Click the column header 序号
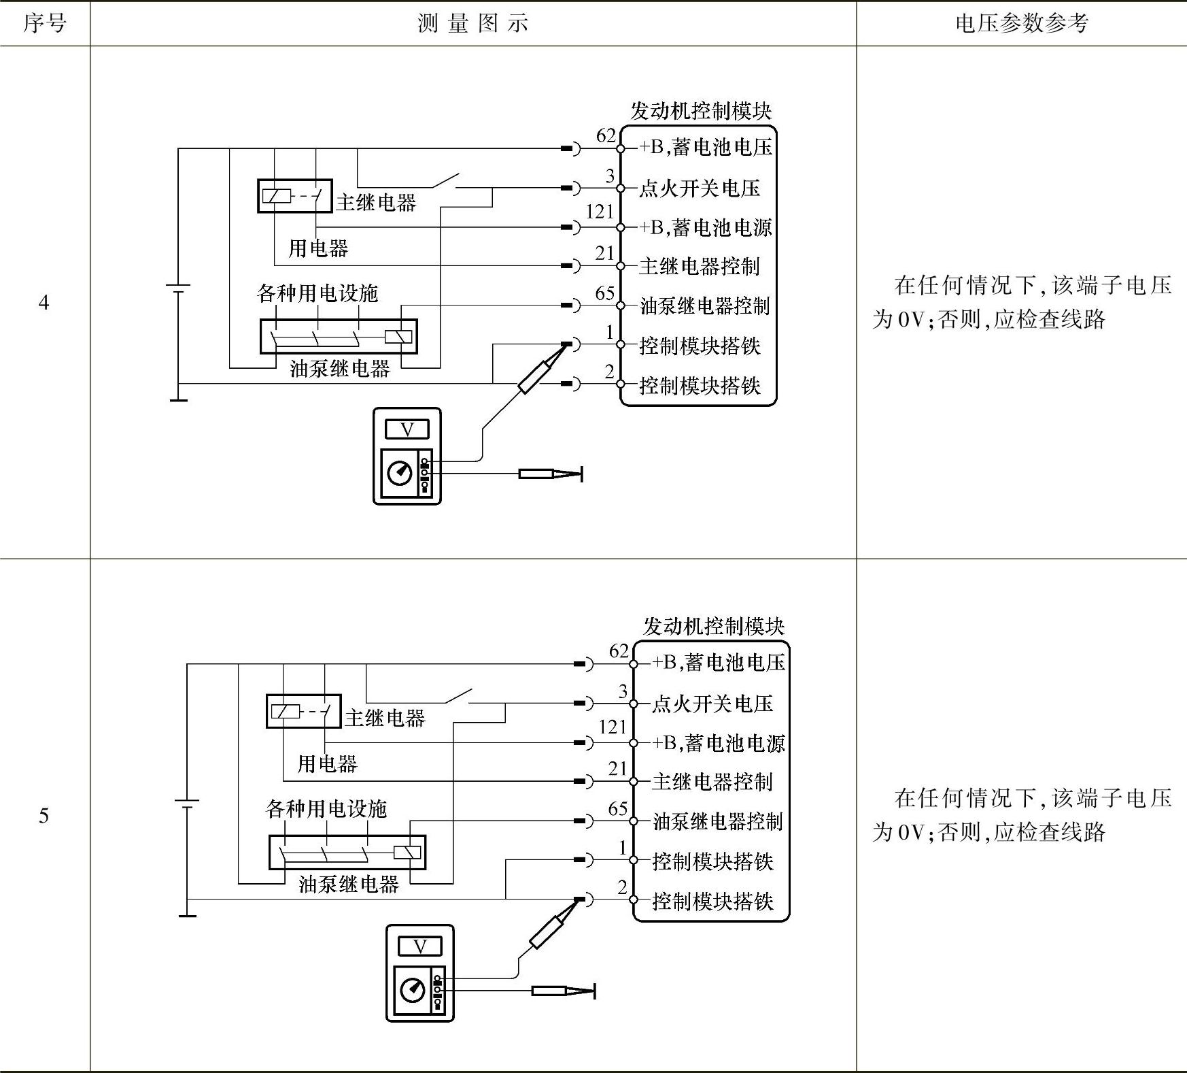coord(45,24)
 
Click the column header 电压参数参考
coord(1021,24)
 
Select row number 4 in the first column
coord(44,302)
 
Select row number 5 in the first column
coord(44,815)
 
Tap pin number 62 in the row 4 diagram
coord(605,136)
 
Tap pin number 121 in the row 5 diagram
coord(612,727)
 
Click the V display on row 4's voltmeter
coord(407,429)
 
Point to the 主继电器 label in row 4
coord(376,202)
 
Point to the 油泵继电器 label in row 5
coord(348,884)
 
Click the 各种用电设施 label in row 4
coord(317,293)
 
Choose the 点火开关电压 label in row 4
coord(699,188)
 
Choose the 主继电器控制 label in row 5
coord(712,782)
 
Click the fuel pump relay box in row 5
coord(347,852)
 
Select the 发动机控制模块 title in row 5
coord(714,626)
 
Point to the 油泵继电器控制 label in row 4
coord(704,306)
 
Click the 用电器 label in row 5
coord(327,763)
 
